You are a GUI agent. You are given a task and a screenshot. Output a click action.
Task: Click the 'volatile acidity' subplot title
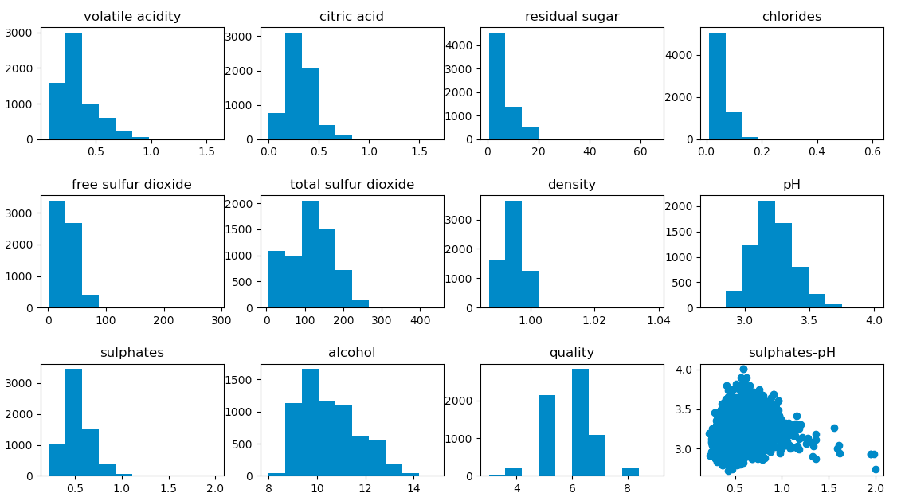pos(132,17)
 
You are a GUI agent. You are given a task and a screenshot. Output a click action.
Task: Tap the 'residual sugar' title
pos(571,17)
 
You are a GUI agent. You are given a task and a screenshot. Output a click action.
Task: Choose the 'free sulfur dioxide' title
pos(132,185)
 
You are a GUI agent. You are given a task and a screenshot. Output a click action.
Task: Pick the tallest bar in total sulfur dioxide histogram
pos(310,254)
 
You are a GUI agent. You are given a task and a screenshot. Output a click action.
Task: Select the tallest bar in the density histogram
pos(513,254)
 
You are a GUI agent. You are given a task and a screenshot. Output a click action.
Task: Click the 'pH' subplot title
pos(791,185)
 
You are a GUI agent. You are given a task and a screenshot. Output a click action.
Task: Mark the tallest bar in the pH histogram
pos(766,254)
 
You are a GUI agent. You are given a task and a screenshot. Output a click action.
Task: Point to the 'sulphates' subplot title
pos(132,353)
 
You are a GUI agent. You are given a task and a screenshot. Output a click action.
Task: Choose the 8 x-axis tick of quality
pos(630,487)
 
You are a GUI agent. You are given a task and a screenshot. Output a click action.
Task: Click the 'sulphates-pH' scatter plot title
pos(791,353)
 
